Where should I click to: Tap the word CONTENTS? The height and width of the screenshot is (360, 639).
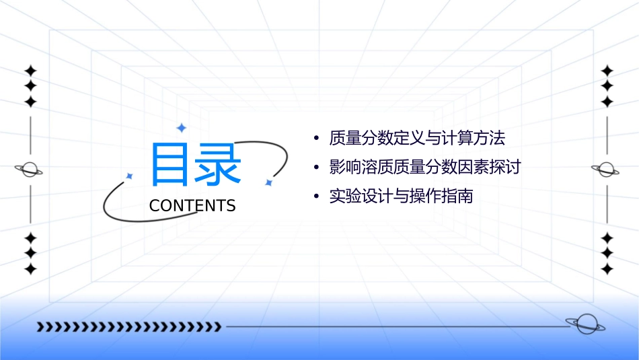tap(192, 206)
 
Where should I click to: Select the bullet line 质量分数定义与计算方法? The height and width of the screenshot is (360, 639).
tap(417, 139)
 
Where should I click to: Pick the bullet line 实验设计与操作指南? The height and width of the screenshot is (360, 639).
tap(402, 196)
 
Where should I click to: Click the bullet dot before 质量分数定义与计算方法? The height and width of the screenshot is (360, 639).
tap(316, 139)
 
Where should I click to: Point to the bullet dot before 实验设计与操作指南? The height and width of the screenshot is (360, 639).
tap(316, 197)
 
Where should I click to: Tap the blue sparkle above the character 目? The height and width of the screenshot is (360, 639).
tap(180, 127)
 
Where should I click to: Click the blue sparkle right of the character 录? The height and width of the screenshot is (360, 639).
tap(268, 182)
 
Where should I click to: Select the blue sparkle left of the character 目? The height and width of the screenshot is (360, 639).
tap(130, 176)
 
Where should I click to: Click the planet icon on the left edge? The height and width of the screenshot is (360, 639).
tap(30, 170)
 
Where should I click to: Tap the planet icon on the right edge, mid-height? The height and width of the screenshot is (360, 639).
tap(606, 170)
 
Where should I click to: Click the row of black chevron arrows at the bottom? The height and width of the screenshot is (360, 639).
tap(128, 327)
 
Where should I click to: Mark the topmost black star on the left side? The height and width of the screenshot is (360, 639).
tap(30, 71)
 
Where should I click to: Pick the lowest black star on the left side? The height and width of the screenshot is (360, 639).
tap(30, 269)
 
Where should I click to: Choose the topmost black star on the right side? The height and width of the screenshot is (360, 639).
tap(607, 71)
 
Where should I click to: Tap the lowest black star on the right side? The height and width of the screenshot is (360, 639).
tap(607, 269)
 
